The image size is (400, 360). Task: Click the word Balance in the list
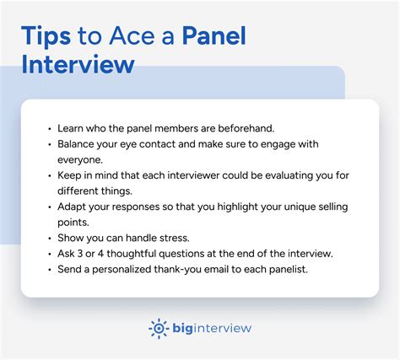pos(78,144)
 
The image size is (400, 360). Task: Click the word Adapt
pos(73,207)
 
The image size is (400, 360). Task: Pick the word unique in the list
pos(292,207)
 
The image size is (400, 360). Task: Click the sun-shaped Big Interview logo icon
pos(159,327)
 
